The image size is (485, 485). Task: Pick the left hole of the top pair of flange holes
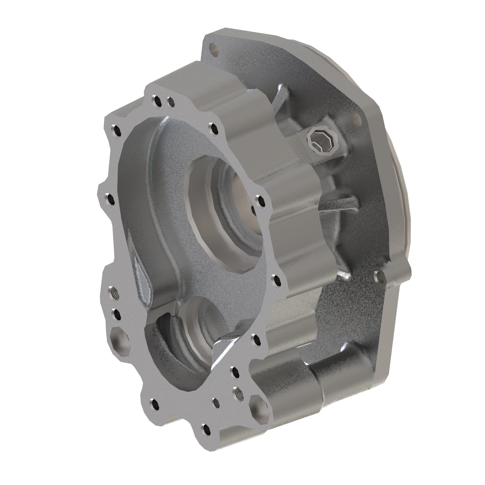click(157, 101)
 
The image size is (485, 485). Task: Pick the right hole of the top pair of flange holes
click(171, 102)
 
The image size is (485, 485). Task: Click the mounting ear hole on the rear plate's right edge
click(379, 277)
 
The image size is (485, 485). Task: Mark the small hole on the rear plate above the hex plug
click(356, 119)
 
